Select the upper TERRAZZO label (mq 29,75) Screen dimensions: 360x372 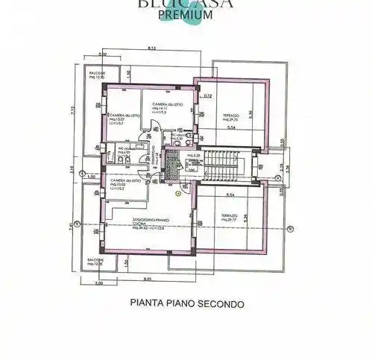pyautogui.click(x=230, y=117)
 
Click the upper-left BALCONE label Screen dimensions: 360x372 pyautogui.click(x=98, y=75)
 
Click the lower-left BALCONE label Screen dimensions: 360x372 pyautogui.click(x=95, y=262)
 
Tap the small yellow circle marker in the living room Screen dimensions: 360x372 pyautogui.click(x=178, y=192)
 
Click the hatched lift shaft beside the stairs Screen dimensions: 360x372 pyautogui.click(x=172, y=168)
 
